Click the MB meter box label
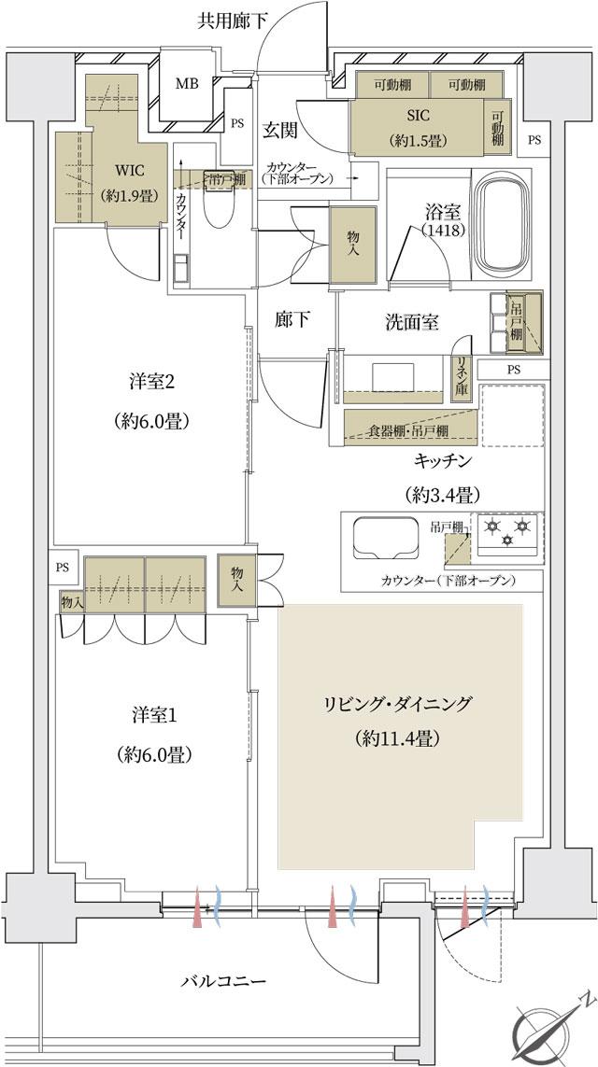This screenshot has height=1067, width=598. pyautogui.click(x=187, y=82)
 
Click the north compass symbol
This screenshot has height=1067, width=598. pyautogui.click(x=549, y=1032)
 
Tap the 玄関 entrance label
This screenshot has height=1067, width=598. pyautogui.click(x=279, y=131)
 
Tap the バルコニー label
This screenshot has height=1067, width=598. pyautogui.click(x=223, y=981)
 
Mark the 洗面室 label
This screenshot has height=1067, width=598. pyautogui.click(x=412, y=320)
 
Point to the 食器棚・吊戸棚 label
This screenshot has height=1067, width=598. pyautogui.click(x=407, y=430)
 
